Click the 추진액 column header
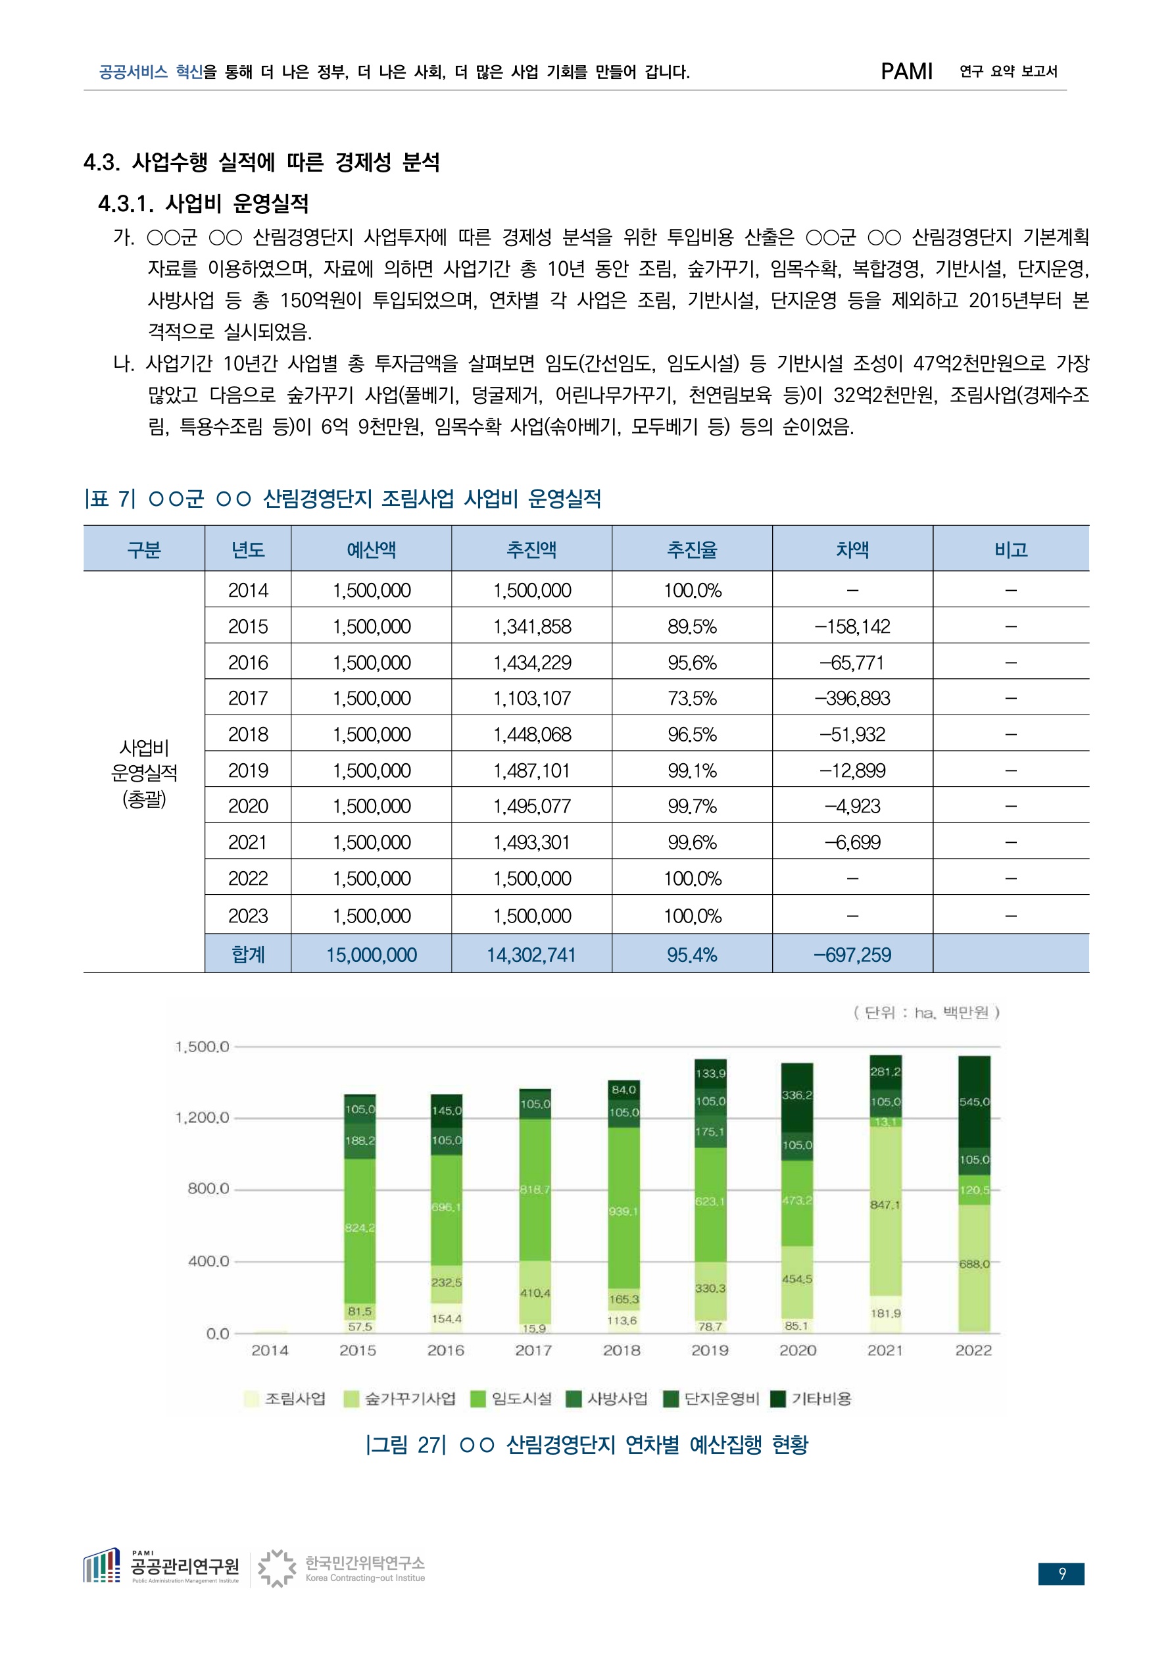[531, 549]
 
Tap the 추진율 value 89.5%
[692, 626]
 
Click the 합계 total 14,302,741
[531, 955]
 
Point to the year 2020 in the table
[248, 806]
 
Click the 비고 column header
[1011, 549]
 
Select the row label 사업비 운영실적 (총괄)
[144, 773]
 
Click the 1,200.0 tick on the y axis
[202, 1118]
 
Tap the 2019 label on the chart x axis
[710, 1351]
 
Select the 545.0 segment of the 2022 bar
[974, 1101]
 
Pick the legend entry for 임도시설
[511, 1399]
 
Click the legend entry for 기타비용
[811, 1399]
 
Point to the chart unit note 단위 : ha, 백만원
[926, 1012]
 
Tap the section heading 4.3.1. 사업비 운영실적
[204, 204]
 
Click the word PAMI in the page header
[906, 71]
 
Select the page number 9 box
[1062, 1574]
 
